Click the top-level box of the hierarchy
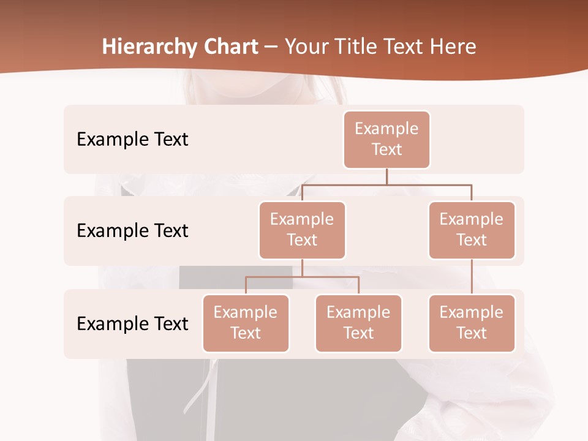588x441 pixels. [386, 140]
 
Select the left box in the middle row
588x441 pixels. [302, 230]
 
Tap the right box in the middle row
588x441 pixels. [472, 230]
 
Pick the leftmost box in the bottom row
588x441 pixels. [246, 323]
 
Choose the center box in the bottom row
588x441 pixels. [358, 323]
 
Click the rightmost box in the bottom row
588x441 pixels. [472, 323]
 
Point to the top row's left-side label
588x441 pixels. [132, 140]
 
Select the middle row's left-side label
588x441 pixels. [132, 231]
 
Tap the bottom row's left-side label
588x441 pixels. [132, 323]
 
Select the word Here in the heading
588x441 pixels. [454, 47]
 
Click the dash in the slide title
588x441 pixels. [271, 48]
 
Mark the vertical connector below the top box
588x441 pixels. [386, 176]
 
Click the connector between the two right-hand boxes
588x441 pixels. [472, 277]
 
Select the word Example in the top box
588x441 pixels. [386, 129]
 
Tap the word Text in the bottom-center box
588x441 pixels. [358, 333]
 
